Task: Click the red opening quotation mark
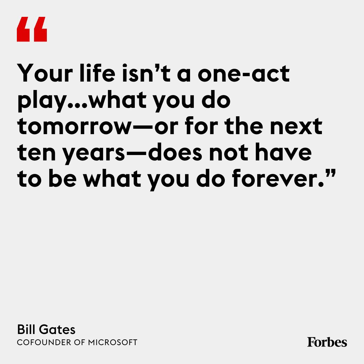pos(32,29)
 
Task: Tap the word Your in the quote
pos(45,73)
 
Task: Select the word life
pos(97,73)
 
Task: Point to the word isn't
pos(147,73)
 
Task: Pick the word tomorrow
pos(74,126)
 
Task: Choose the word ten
pos(36,153)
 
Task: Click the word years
pos(94,154)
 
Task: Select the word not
pos(229,153)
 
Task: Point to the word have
pos(283,152)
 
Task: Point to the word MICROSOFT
pos(113,342)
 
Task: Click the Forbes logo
pos(327,342)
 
